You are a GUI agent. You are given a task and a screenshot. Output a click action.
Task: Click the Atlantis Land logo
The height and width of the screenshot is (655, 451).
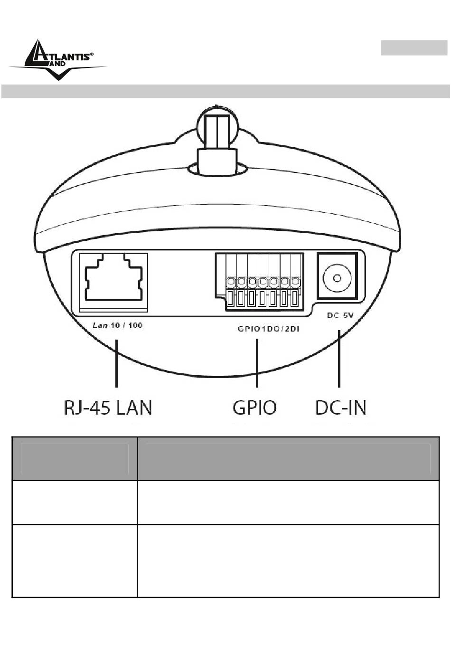point(58,60)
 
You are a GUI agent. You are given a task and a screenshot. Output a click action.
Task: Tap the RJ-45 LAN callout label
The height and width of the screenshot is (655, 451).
point(108,408)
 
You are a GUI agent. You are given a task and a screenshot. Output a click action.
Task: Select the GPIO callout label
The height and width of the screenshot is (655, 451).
point(254,408)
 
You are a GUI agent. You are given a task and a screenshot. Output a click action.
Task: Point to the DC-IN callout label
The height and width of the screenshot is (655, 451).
point(340,408)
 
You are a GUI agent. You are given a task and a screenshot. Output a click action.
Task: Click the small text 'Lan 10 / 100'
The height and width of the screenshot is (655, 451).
point(118,325)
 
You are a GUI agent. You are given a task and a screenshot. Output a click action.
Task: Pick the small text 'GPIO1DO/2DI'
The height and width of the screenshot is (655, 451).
point(269,329)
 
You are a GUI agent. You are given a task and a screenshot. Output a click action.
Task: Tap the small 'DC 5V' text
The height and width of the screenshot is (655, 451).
point(340,315)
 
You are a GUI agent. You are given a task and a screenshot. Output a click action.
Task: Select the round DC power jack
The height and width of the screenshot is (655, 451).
point(337,278)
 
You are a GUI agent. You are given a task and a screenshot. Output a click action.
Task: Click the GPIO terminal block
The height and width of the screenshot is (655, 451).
point(260,282)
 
